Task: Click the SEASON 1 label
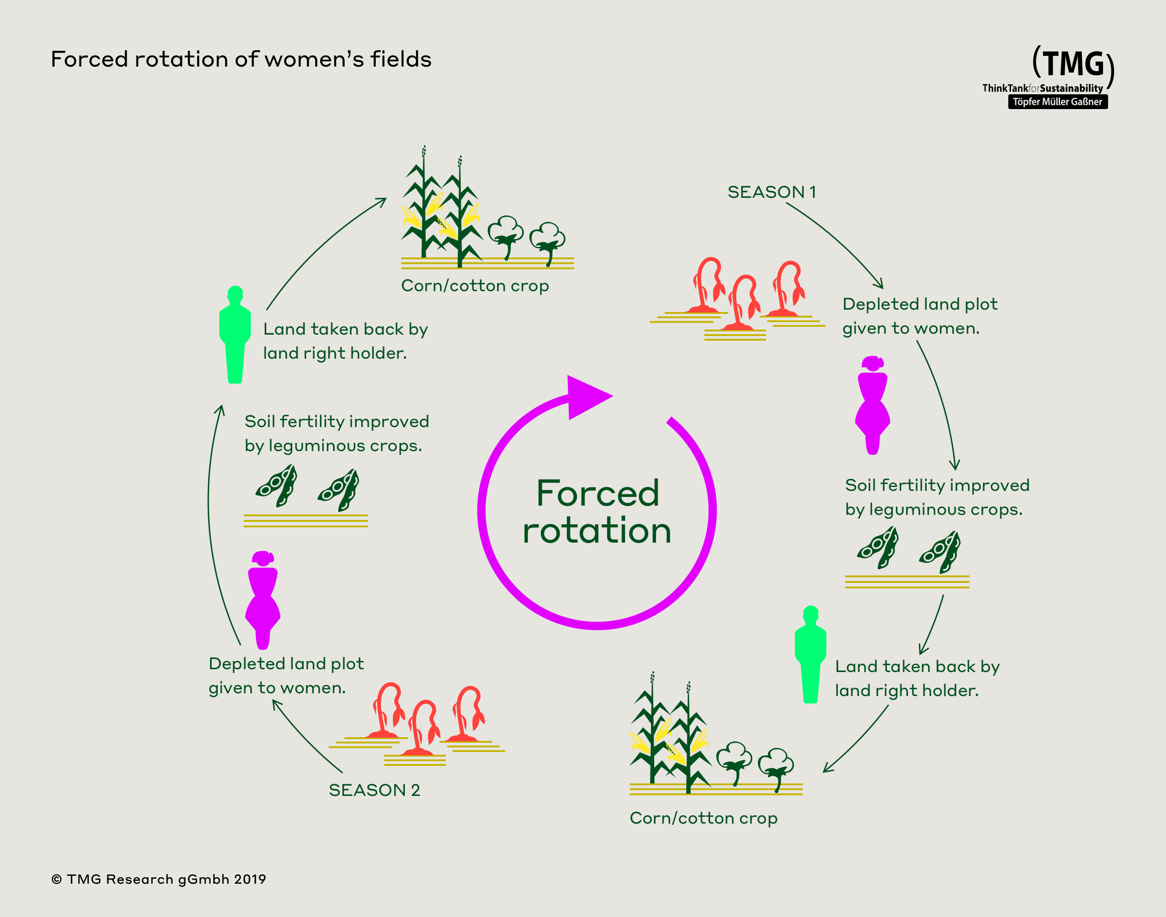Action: coord(772,192)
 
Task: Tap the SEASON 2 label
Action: coord(374,790)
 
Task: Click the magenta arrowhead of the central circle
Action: coord(586,397)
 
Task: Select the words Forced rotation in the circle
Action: coord(597,512)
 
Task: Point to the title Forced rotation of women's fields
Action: coord(241,59)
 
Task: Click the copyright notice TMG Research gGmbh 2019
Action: coord(159,879)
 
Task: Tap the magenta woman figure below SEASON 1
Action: coord(872,406)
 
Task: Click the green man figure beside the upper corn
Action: coord(235,335)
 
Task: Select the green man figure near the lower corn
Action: coord(810,654)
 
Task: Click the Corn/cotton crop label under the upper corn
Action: coord(475,286)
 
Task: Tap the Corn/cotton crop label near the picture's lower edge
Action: coord(703,818)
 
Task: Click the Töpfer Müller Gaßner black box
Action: coord(1057,102)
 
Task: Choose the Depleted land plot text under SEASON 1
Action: coord(919,316)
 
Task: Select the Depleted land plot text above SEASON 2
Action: coord(286,675)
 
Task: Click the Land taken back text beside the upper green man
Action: coord(345,341)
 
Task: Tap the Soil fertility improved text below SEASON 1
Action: coord(937,497)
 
